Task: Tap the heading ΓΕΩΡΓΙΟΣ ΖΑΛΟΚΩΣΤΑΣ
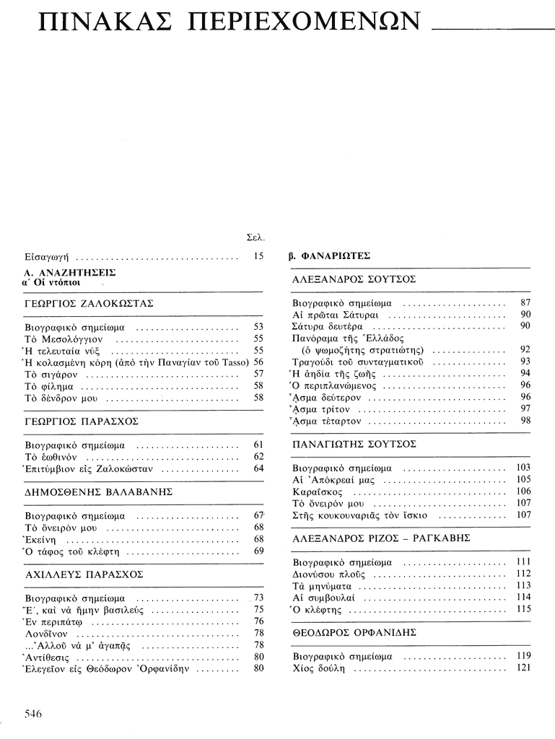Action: (89, 304)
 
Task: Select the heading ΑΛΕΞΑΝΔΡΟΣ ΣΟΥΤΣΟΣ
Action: (354, 279)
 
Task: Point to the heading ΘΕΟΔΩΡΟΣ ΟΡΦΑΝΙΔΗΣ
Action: (354, 631)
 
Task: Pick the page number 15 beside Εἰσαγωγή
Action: (259, 255)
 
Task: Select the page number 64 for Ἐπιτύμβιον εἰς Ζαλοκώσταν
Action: (259, 468)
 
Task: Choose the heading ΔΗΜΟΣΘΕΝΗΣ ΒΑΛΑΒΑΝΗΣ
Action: (93, 492)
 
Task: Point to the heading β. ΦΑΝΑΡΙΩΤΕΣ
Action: (329, 255)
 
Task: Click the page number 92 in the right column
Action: (525, 349)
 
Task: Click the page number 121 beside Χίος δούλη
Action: (523, 668)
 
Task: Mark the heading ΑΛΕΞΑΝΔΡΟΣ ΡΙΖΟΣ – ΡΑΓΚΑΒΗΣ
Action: (381, 538)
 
